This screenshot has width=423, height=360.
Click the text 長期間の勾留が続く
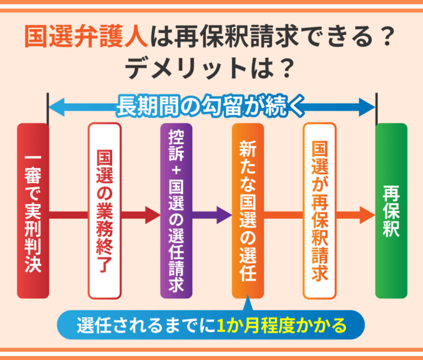(211, 106)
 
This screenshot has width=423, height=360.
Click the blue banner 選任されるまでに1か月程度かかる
(211, 325)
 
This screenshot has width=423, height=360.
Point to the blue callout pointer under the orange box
(248, 304)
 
